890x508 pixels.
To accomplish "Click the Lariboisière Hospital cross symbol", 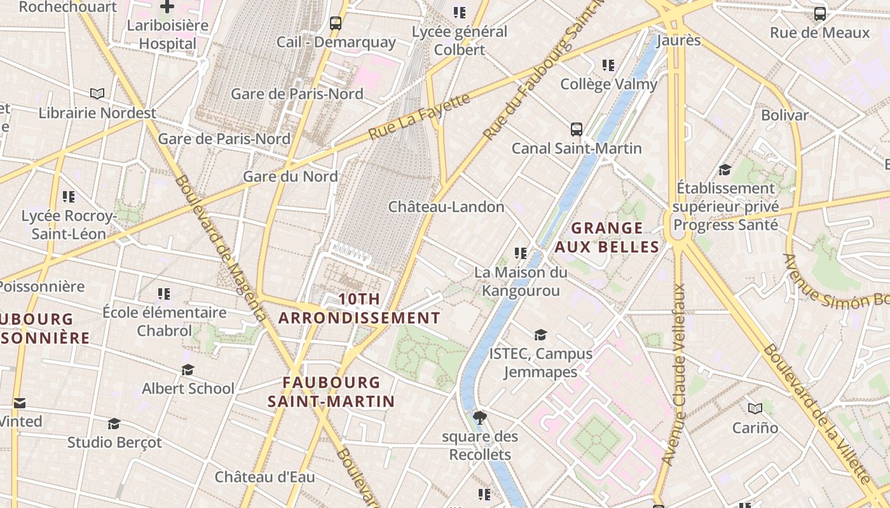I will [x=167, y=7].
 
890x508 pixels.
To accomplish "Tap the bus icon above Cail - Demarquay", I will [x=336, y=23].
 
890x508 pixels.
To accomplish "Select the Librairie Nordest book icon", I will [x=97, y=94].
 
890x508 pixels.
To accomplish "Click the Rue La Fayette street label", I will [x=420, y=116].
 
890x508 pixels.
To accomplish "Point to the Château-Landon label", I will [x=446, y=207].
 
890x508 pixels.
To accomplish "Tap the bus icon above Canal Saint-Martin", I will [x=577, y=130].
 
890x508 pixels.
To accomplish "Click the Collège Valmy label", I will [x=608, y=84].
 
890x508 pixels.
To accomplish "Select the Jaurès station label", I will [x=678, y=41].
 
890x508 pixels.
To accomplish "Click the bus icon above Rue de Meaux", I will [x=820, y=14].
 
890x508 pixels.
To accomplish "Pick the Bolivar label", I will [x=784, y=116].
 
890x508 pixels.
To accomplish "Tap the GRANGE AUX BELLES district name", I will [x=607, y=237].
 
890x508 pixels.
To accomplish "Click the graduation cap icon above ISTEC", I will [x=540, y=335].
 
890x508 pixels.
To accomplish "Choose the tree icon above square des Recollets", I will [x=480, y=417].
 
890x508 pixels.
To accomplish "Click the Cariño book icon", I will [x=755, y=409].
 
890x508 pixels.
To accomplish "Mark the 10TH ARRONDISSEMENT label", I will [x=359, y=309].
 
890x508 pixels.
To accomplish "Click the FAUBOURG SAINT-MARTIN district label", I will [x=331, y=392].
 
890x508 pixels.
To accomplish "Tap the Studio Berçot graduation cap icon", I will [x=114, y=424].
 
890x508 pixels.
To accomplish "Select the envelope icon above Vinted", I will [x=20, y=403].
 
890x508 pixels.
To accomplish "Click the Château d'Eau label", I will [x=264, y=477].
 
